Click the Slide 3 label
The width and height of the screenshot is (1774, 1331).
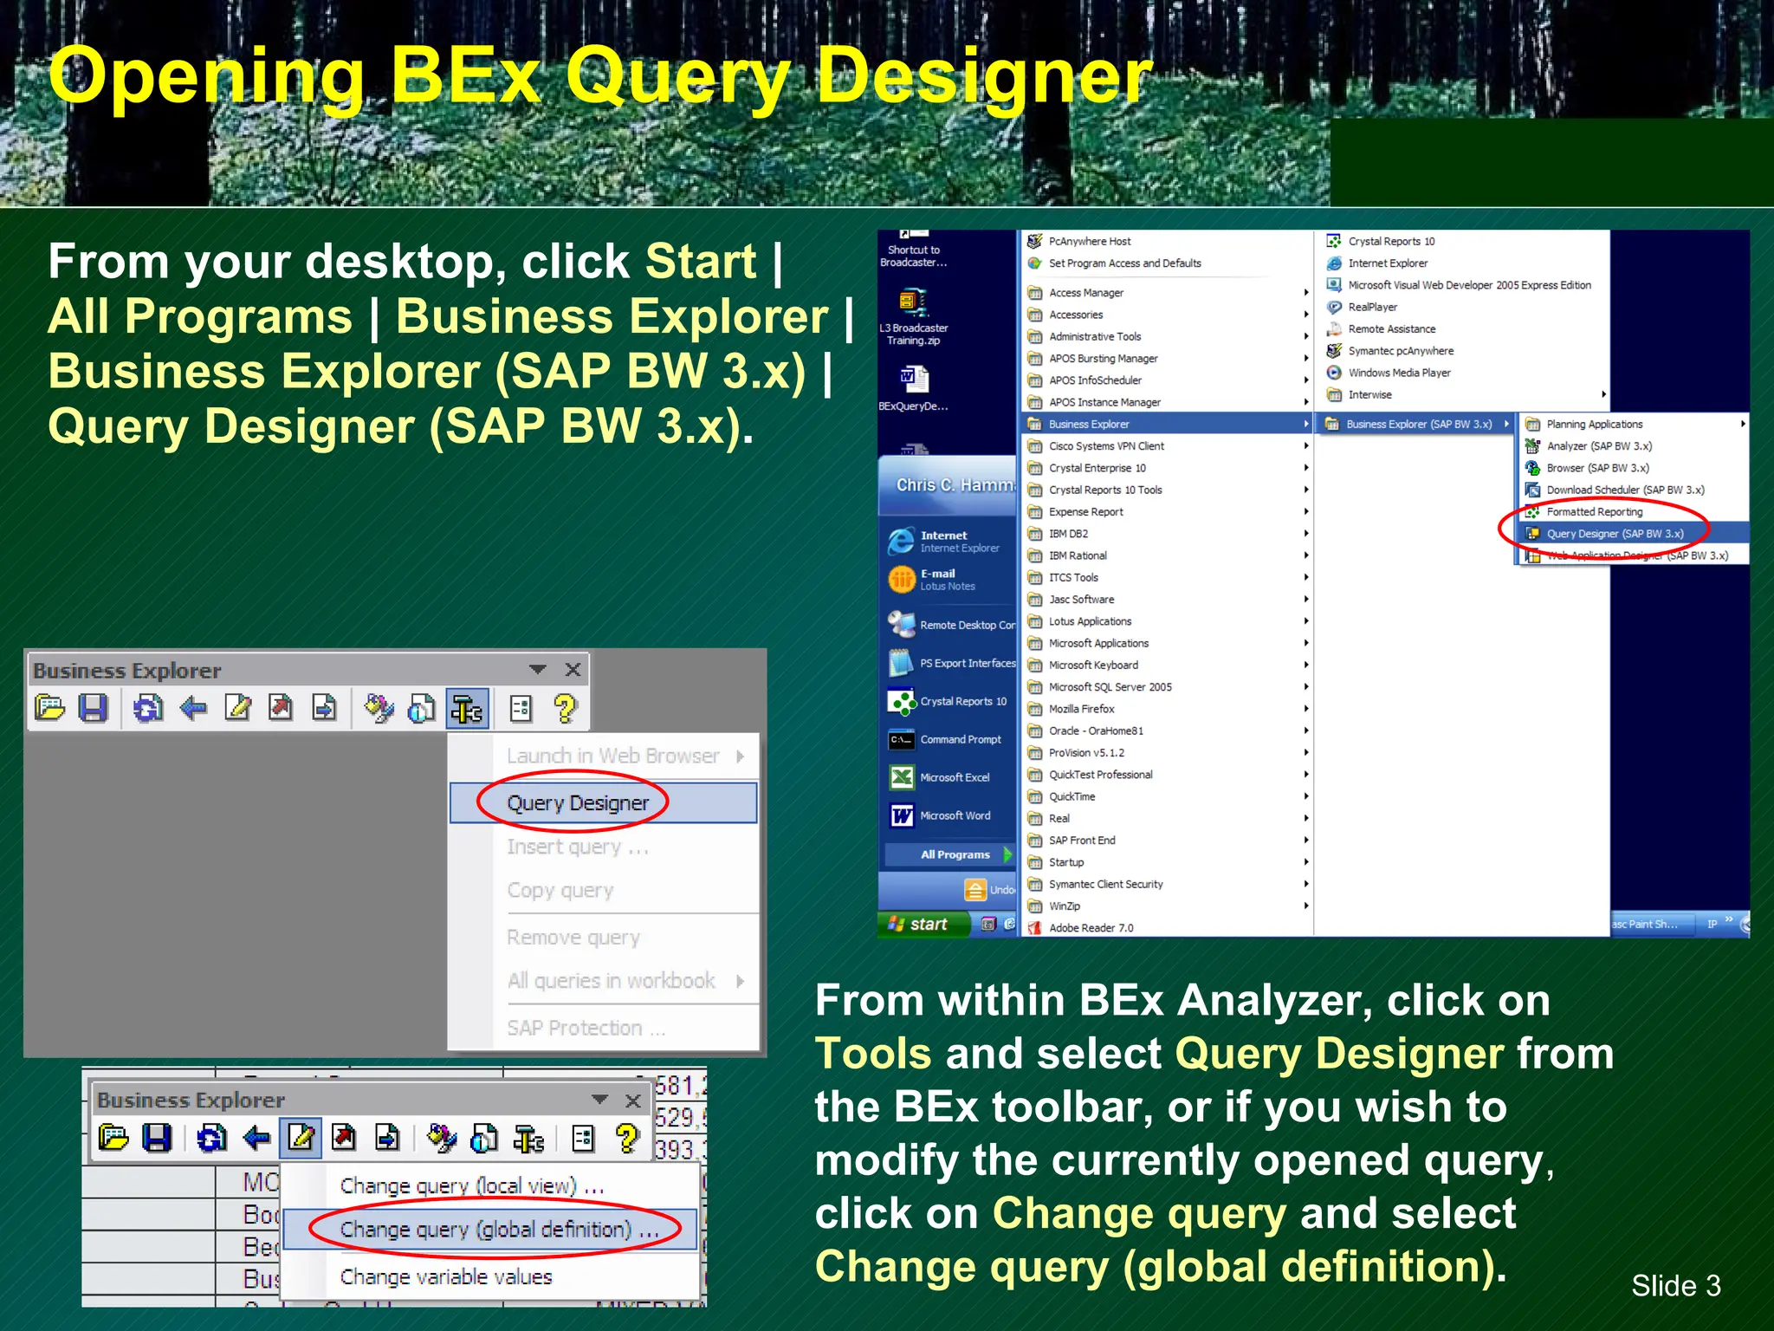pyautogui.click(x=1675, y=1285)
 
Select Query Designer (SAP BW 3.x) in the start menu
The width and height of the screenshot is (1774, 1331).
pyautogui.click(x=1615, y=534)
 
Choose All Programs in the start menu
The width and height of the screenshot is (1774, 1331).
pyautogui.click(x=954, y=854)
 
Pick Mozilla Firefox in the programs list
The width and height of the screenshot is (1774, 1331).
pyautogui.click(x=1081, y=709)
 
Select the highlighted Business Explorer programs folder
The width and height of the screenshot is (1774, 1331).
pyautogui.click(x=1089, y=424)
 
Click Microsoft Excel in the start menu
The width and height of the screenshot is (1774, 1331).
pyautogui.click(x=954, y=777)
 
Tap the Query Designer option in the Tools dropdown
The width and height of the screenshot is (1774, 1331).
pyautogui.click(x=578, y=803)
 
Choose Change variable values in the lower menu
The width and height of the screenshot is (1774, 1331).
pyautogui.click(x=445, y=1277)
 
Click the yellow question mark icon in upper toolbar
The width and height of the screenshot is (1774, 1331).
pyautogui.click(x=565, y=709)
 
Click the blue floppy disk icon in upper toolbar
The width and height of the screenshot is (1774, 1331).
pyautogui.click(x=93, y=709)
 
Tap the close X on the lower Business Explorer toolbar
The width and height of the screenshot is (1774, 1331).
pyautogui.click(x=633, y=1101)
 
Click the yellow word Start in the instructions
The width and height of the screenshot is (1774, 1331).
pyautogui.click(x=701, y=261)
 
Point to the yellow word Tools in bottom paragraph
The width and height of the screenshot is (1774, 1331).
pyautogui.click(x=873, y=1054)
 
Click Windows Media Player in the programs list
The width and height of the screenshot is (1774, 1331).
pyautogui.click(x=1398, y=373)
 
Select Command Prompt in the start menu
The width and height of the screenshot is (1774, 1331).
pyautogui.click(x=960, y=739)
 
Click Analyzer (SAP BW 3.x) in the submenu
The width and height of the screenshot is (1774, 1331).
pyautogui.click(x=1598, y=446)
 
